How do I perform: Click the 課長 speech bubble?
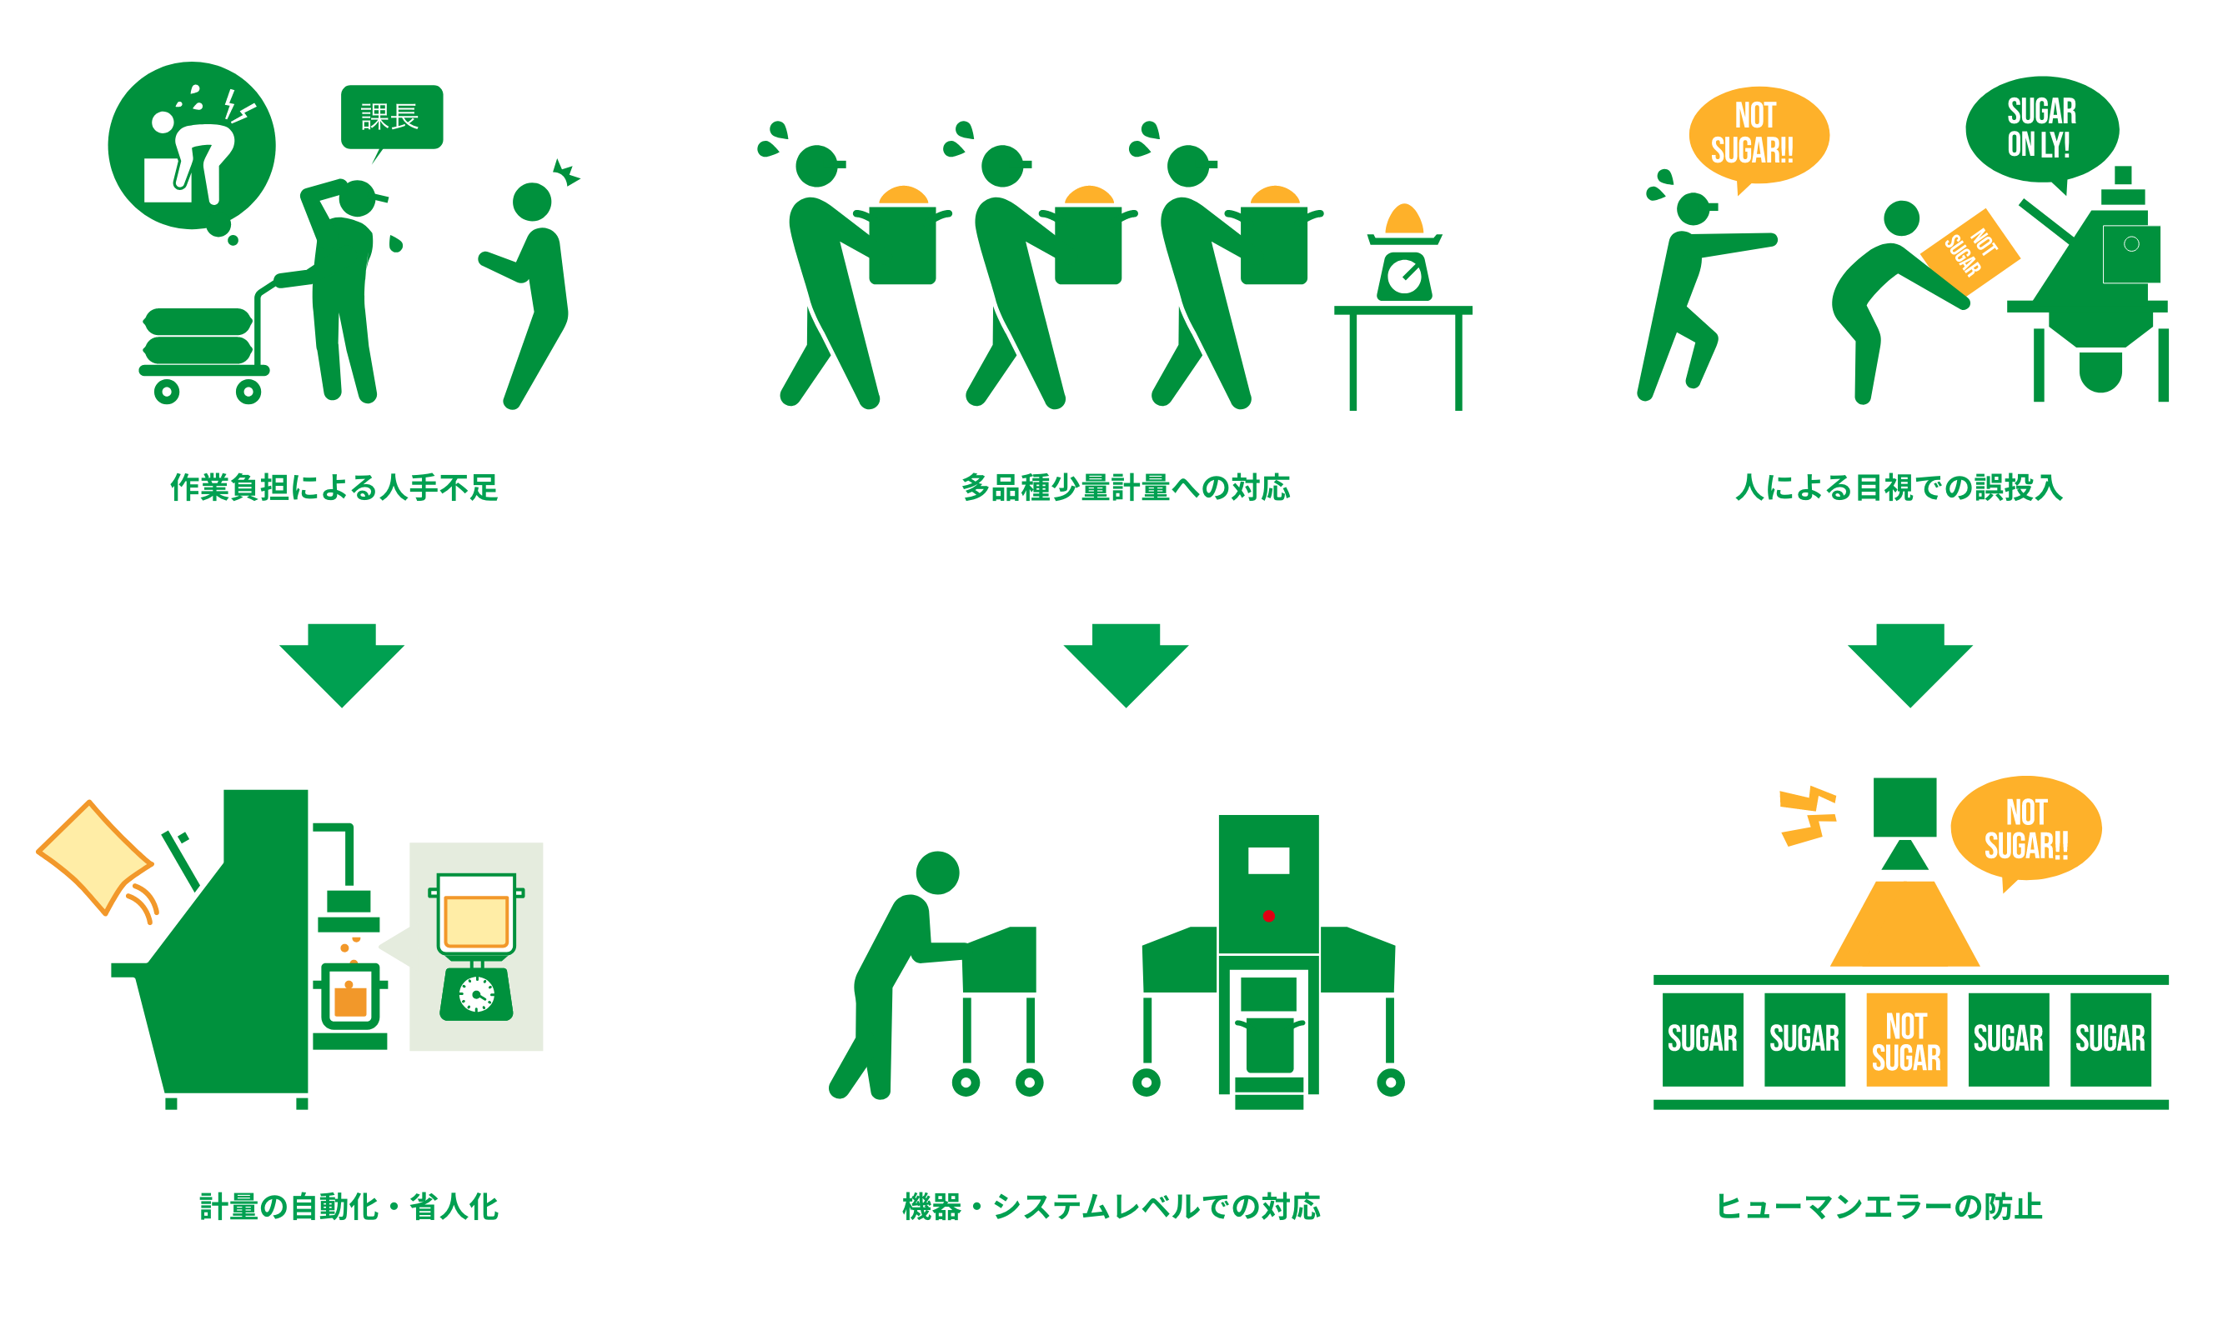click(x=392, y=117)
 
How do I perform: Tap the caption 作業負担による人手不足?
click(x=334, y=487)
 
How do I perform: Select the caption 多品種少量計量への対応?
click(x=1126, y=487)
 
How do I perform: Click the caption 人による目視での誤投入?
click(x=1899, y=487)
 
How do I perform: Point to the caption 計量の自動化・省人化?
click(x=349, y=1207)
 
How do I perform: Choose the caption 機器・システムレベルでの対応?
click(x=1111, y=1207)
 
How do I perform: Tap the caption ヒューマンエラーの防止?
click(x=1879, y=1207)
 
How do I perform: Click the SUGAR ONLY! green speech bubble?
click(x=2041, y=128)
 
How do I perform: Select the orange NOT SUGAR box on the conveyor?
click(x=1906, y=1040)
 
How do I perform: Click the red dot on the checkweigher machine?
click(x=1269, y=916)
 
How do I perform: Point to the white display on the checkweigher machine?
click(x=1269, y=860)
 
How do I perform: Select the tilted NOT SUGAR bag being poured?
click(x=1969, y=252)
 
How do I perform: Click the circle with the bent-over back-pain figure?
click(x=191, y=145)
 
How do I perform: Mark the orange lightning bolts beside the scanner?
click(x=1807, y=816)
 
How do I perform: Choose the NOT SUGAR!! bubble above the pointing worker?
click(x=1759, y=134)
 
